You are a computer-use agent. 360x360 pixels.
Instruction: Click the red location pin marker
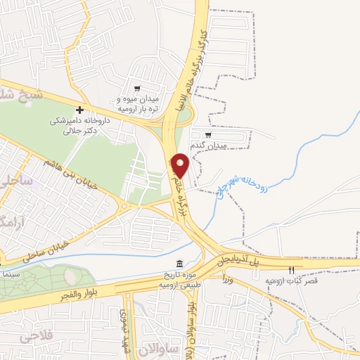180,165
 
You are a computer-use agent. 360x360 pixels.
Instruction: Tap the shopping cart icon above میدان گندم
208,135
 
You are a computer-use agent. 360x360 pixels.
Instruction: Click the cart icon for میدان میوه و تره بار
137,89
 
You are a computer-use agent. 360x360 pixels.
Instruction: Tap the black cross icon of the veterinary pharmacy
80,110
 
